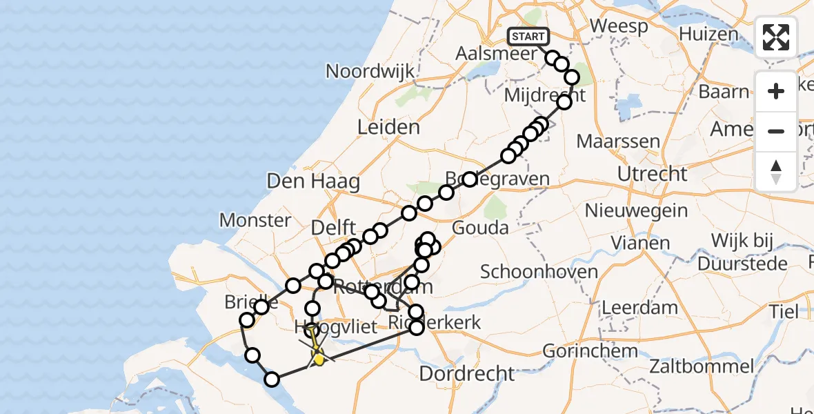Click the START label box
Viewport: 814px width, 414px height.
pos(528,36)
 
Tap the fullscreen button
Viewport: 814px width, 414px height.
pos(776,37)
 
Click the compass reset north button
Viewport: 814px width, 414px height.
pos(776,171)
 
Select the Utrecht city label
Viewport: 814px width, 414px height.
pos(652,174)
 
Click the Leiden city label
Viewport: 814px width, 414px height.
pos(388,127)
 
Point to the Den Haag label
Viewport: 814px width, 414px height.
pos(313,182)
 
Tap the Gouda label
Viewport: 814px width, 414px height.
pos(480,228)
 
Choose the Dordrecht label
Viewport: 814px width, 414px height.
pos(467,373)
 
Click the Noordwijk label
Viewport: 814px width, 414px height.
pos(370,71)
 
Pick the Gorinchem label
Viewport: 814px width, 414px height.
pos(588,351)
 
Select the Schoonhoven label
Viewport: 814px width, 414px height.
pos(539,271)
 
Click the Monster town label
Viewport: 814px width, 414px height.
pos(255,220)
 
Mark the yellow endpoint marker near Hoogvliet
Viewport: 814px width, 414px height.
pos(318,358)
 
